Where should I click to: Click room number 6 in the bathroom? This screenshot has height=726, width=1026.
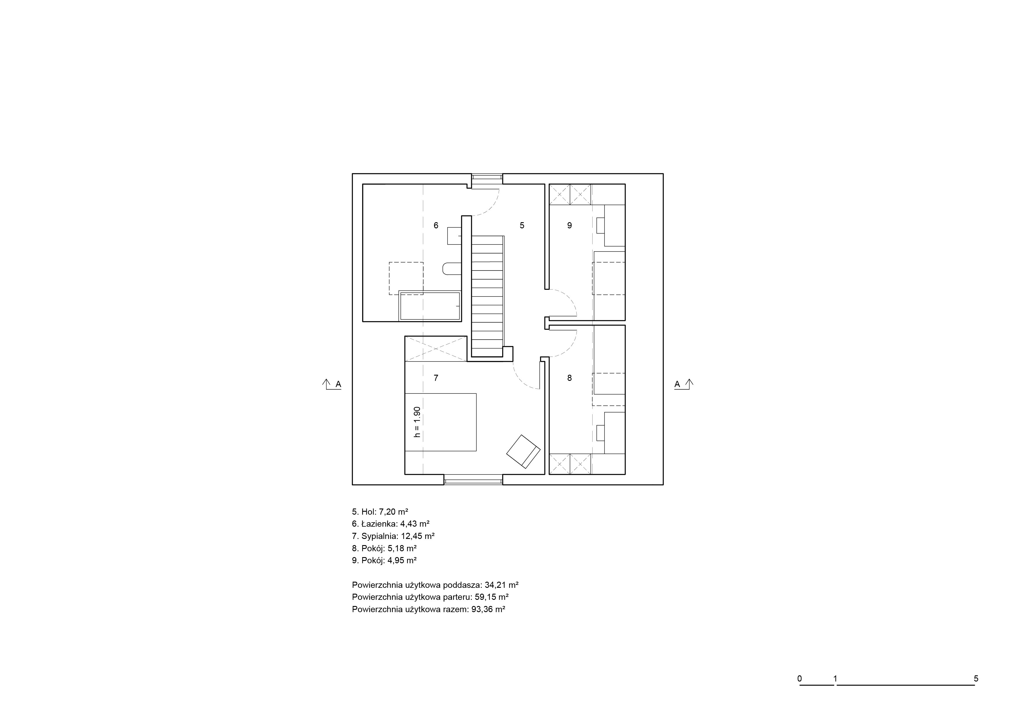436,225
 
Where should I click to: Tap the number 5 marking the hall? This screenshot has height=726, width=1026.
522,225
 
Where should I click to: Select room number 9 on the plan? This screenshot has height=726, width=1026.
569,225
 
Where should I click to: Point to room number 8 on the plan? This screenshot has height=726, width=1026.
569,378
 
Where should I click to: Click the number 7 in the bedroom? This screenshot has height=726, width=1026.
436,378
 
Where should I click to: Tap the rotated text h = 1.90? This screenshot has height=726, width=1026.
417,422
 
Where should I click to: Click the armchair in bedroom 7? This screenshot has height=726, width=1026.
523,451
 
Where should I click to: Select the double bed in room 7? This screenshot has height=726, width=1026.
440,422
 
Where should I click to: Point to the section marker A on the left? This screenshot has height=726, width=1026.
332,384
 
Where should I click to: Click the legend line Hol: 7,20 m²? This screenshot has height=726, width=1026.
380,512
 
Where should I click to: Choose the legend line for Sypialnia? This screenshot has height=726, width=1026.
393,536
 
